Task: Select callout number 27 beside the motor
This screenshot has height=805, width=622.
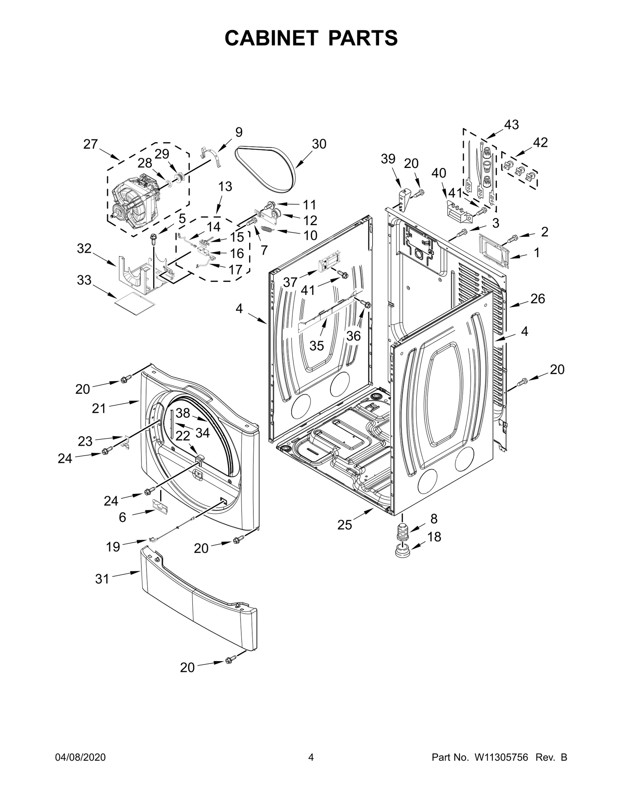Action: [91, 144]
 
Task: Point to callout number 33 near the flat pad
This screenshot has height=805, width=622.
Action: [84, 280]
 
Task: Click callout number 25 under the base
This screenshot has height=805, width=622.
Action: [344, 525]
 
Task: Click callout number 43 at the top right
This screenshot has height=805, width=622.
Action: [511, 125]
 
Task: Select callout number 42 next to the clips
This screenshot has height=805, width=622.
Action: [540, 143]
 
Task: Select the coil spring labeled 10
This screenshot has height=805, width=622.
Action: [267, 230]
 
